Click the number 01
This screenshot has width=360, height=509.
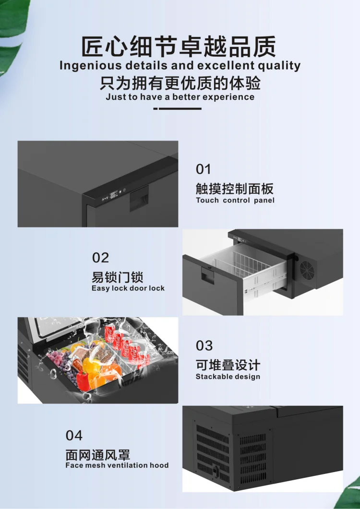pyautogui.click(x=203, y=169)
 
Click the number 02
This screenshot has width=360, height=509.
pyautogui.click(x=100, y=258)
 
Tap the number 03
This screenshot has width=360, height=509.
pyautogui.click(x=204, y=346)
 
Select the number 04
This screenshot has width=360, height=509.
pyautogui.click(x=74, y=435)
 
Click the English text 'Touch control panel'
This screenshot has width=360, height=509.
pyautogui.click(x=235, y=200)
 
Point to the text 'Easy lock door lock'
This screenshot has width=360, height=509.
pyautogui.click(x=128, y=288)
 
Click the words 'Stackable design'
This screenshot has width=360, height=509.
pyautogui.click(x=228, y=377)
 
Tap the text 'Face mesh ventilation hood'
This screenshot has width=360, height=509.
pyautogui.click(x=117, y=465)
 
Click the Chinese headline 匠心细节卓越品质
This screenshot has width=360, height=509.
pyautogui.click(x=179, y=47)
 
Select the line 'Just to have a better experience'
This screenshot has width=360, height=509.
pyautogui.click(x=180, y=97)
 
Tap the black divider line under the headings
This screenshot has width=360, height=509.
pyautogui.click(x=178, y=108)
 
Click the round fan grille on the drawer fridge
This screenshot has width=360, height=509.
pyautogui.click(x=306, y=269)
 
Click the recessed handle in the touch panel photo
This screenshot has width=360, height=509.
pyautogui.click(x=139, y=198)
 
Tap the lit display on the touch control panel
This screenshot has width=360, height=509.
pyautogui.click(x=113, y=195)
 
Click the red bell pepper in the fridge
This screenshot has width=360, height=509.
pyautogui.click(x=83, y=381)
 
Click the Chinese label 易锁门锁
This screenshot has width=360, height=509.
pyautogui.click(x=117, y=277)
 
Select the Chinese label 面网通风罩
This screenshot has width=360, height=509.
pyautogui.click(x=98, y=454)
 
